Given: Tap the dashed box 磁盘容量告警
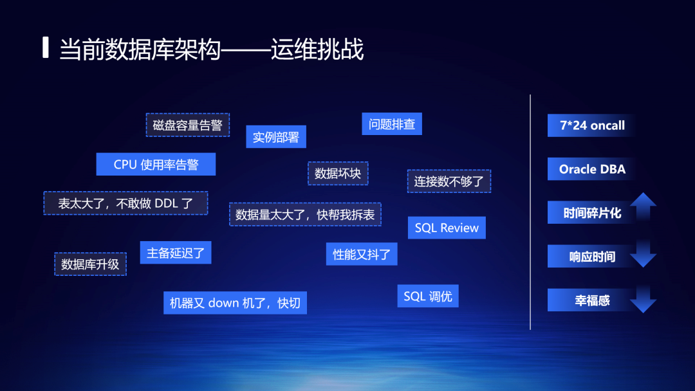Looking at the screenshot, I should [187, 125].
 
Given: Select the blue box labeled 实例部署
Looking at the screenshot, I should [276, 137].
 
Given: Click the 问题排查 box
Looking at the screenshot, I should [392, 123].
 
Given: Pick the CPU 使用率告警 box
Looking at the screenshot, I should [156, 164].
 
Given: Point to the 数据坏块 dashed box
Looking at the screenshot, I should [338, 173].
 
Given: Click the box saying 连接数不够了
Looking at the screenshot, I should [449, 181].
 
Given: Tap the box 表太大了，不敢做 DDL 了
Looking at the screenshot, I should [125, 203].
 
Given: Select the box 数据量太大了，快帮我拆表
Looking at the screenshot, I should [305, 214].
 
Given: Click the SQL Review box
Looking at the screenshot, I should [447, 228].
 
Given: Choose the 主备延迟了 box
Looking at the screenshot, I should [175, 253].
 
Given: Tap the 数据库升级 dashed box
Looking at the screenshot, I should [90, 264].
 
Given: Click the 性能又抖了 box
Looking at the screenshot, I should [362, 254].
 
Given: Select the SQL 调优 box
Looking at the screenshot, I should [428, 296].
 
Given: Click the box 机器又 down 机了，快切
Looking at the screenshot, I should [235, 302].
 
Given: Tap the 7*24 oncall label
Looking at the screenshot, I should [592, 125].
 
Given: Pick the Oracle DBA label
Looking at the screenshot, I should [592, 169].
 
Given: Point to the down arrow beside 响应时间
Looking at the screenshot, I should [643, 255].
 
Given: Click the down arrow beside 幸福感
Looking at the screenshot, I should [643, 299].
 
